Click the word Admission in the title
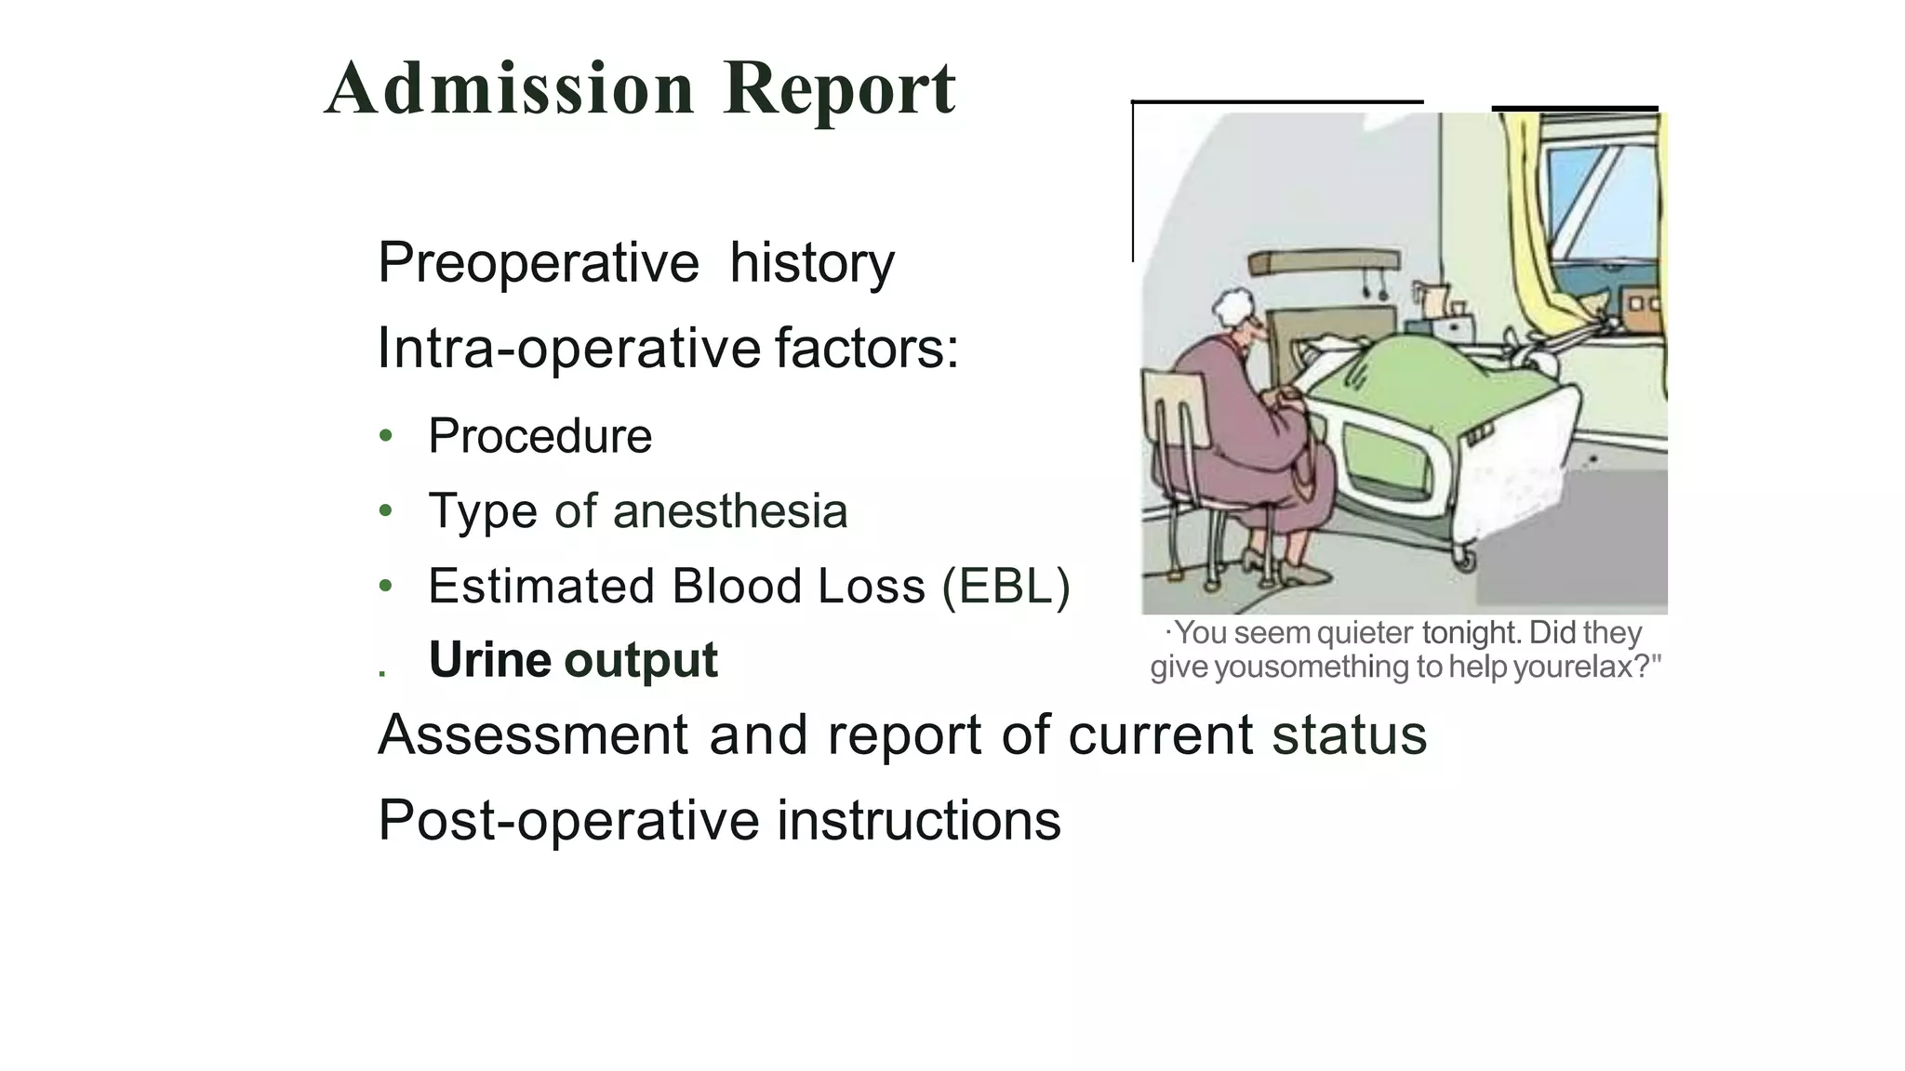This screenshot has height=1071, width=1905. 510,88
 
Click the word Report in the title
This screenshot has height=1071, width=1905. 839,88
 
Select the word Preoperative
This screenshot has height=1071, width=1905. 538,263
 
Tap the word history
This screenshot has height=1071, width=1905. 811,263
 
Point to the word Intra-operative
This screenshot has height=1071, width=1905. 569,349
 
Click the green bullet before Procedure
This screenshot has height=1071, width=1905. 386,436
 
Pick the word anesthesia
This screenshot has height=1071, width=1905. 729,511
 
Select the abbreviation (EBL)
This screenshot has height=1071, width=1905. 1006,587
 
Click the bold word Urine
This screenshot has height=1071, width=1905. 489,660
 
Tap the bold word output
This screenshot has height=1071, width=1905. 641,660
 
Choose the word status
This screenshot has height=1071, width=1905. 1349,734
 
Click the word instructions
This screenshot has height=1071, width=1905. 918,820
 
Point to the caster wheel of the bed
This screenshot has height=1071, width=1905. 1464,560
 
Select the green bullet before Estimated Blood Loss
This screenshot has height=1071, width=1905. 386,587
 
